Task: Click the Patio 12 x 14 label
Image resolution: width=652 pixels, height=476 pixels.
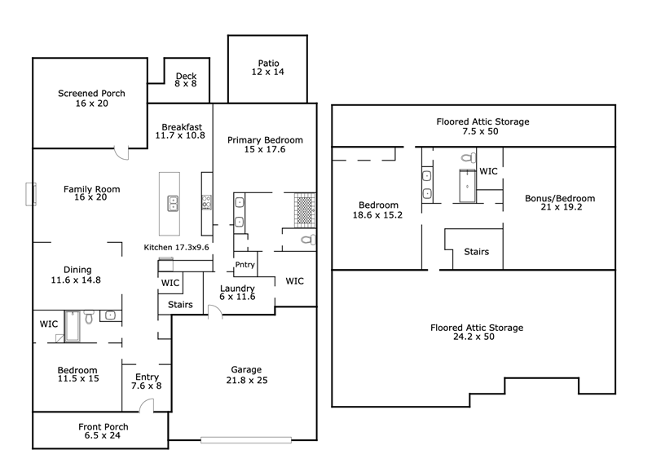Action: coord(268,68)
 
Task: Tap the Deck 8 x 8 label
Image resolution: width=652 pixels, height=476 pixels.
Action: coord(186,79)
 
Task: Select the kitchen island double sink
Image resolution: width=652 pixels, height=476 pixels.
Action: coord(173,204)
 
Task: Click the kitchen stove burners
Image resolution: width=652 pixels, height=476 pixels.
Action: coord(207,202)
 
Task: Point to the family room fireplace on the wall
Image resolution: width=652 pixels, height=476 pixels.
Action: coord(31,194)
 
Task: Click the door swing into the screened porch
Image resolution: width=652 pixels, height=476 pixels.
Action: coord(121,153)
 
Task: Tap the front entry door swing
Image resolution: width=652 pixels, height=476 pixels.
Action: coord(147,406)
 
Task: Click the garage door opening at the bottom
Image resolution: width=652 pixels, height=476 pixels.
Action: coord(246,440)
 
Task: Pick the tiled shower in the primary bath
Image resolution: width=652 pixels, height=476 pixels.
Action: coord(305,210)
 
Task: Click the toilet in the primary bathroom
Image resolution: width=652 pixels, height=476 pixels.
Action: coord(308,240)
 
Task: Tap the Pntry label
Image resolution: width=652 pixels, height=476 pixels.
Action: coord(245,265)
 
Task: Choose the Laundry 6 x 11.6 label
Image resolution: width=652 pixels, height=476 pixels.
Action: coord(237,293)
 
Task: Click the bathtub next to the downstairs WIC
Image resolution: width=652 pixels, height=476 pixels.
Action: coord(73,326)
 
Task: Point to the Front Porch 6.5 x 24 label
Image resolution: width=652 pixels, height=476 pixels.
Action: coord(104,431)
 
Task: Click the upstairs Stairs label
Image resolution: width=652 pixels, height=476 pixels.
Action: coord(477,252)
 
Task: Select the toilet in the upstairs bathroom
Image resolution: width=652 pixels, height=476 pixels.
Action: coord(469,158)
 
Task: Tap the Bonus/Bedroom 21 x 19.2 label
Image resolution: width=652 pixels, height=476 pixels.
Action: coord(560,202)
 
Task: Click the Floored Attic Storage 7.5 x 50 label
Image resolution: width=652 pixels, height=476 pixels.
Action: coord(482,126)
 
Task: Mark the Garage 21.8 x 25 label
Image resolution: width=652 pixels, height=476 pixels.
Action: coord(247,375)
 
